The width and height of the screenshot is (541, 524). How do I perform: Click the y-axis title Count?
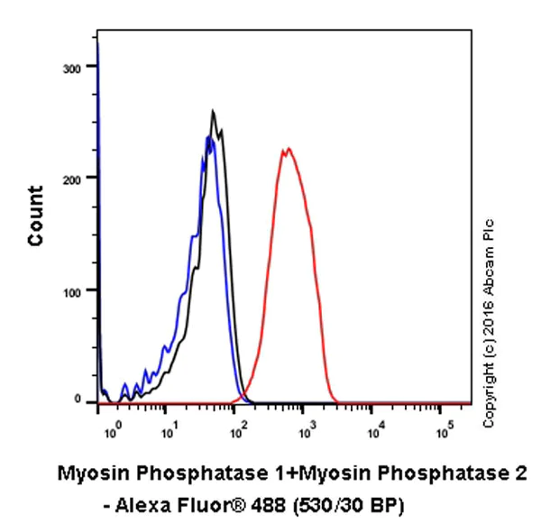click(35, 216)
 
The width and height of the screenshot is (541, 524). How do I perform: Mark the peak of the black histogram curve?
click(214, 112)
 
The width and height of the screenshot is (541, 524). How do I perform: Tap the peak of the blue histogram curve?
click(208, 137)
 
